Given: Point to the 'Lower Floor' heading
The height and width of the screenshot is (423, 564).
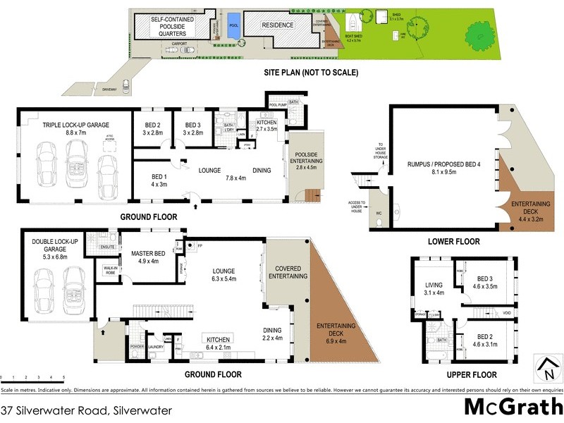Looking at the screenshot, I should point(454,241).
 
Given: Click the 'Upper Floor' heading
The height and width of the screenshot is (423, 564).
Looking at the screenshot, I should point(472,374).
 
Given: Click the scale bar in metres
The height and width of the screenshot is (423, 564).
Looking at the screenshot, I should point(33,379).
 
